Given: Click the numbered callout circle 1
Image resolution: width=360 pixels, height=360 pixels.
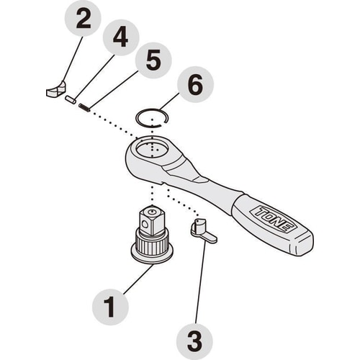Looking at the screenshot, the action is pos(110,307).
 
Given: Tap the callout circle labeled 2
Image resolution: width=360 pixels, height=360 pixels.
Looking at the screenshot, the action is pos(83,19).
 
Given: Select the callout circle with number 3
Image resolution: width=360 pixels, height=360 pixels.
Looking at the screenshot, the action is pos(194,341).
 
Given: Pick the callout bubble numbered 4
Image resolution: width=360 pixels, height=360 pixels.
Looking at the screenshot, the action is pos(121,37).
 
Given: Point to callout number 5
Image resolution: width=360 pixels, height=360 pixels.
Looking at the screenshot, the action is pos(153,60).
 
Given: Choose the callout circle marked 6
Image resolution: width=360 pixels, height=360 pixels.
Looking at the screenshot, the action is pos(195,84).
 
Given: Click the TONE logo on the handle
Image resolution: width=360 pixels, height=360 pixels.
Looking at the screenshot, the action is pos(274,219).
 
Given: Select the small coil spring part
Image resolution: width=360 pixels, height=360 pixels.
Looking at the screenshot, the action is pos(84,107).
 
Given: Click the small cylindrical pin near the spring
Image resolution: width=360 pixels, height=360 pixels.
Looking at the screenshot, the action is pos(71,99).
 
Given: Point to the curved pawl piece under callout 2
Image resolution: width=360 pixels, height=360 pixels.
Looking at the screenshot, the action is pos(55,90).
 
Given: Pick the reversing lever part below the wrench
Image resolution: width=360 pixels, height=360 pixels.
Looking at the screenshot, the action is pos(203,231).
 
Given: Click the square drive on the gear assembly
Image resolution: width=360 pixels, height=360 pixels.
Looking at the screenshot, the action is pos(152,221).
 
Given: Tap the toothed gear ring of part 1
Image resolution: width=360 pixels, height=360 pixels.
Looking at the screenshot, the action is pos(152,244).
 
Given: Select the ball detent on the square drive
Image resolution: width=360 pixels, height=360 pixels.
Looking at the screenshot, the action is pos(145,225).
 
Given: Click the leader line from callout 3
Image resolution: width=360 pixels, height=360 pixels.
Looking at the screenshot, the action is pos(200,282).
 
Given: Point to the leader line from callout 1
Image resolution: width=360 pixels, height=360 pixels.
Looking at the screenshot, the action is pos(139,279).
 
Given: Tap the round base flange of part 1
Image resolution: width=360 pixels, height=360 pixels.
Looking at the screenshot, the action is pos(152,256).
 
